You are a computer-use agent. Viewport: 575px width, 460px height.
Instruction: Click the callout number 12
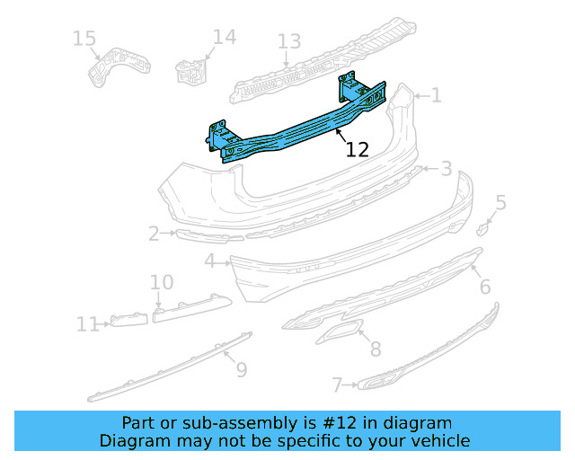tap(358, 150)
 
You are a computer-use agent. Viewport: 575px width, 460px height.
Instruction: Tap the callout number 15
tap(84, 39)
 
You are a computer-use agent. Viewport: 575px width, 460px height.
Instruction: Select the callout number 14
tap(224, 37)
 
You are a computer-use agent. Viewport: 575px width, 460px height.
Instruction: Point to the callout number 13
tap(288, 41)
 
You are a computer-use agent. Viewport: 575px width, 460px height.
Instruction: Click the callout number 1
tap(436, 95)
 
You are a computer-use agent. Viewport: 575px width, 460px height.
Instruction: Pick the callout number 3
tap(446, 169)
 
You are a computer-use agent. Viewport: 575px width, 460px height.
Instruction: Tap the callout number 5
tap(500, 203)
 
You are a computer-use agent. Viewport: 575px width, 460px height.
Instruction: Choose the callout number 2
tap(154, 234)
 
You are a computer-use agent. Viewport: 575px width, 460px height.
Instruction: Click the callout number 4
tap(209, 261)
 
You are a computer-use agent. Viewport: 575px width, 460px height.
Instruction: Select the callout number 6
tap(484, 287)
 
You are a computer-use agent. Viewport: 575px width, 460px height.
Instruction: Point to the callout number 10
tap(161, 283)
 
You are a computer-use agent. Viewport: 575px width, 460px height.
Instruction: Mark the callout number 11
tap(87, 324)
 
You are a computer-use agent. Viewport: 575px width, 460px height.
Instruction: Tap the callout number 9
tap(241, 369)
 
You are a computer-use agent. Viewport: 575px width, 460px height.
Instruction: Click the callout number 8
tap(375, 349)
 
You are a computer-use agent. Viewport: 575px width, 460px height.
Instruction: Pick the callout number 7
tap(337, 385)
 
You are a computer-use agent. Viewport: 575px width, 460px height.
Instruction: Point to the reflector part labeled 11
tap(128, 321)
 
